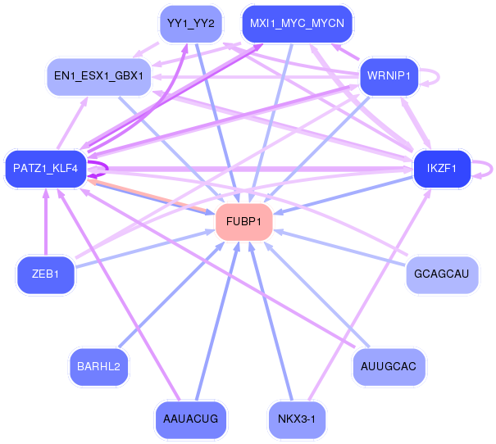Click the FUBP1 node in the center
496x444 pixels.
tap(243, 222)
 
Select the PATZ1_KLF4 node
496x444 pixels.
tap(46, 169)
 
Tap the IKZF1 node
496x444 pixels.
tap(442, 169)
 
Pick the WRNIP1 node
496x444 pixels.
tap(389, 77)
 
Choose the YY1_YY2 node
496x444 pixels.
tap(190, 24)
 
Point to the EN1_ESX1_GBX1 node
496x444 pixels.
tap(98, 76)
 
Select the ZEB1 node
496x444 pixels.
tap(46, 274)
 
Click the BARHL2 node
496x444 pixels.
tap(98, 366)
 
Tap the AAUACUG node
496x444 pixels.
tap(190, 419)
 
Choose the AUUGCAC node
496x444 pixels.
tap(389, 366)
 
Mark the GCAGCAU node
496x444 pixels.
tap(442, 274)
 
